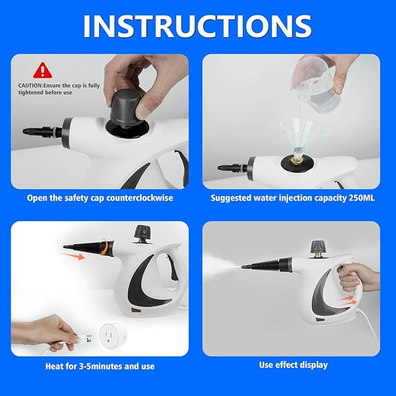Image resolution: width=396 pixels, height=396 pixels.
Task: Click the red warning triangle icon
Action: pyautogui.click(x=42, y=71)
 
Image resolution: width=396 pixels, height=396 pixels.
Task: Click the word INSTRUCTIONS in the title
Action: pyautogui.click(x=198, y=26)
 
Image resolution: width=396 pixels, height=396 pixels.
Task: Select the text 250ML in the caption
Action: pyautogui.click(x=362, y=198)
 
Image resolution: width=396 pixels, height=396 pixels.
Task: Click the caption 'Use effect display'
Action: pyautogui.click(x=293, y=365)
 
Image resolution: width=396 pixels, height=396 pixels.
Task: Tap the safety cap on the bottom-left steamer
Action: pyautogui.click(x=141, y=233)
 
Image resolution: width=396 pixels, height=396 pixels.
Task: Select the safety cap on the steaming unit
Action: pyautogui.click(x=317, y=247)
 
